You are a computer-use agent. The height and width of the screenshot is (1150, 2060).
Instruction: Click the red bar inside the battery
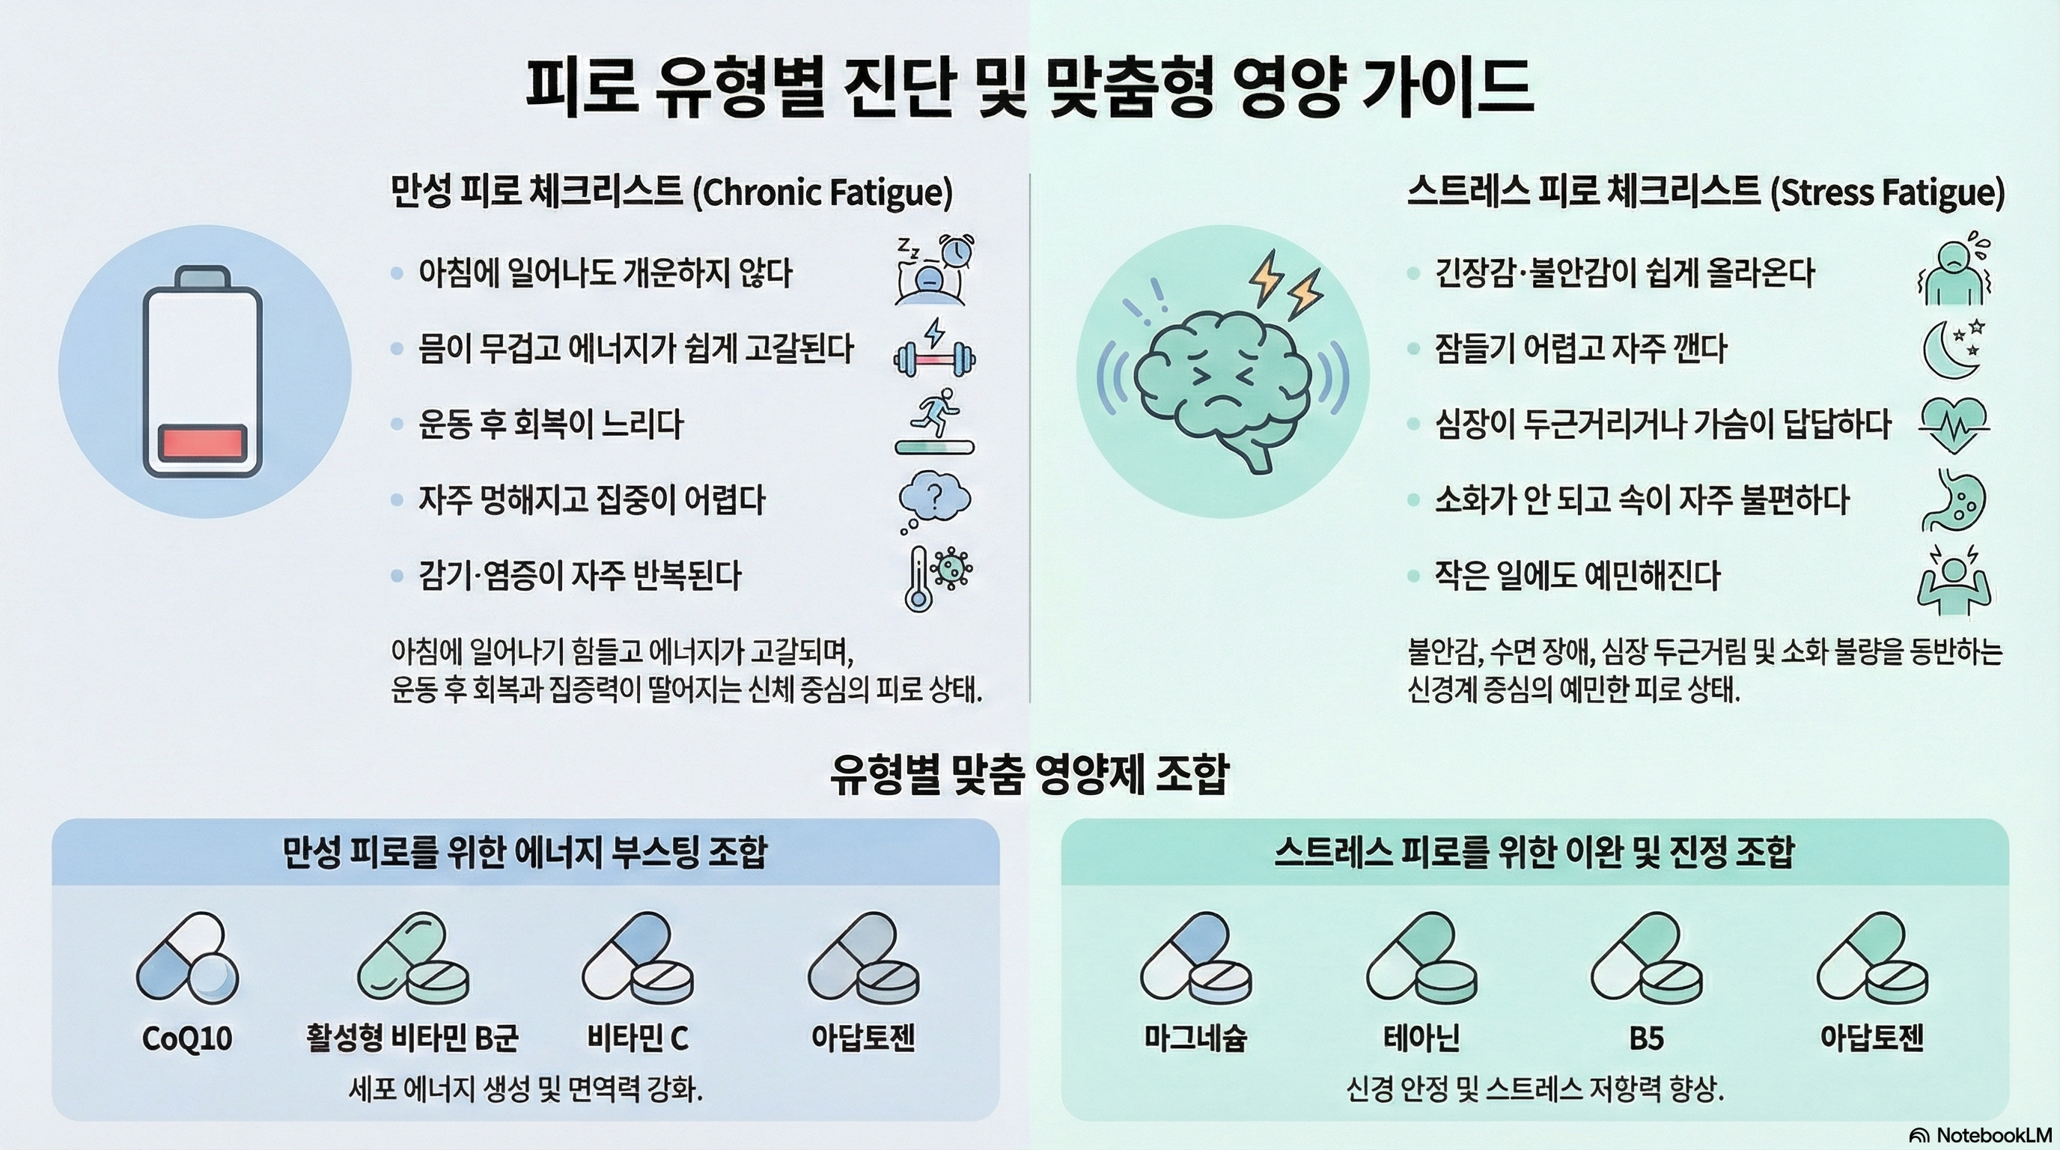[202, 442]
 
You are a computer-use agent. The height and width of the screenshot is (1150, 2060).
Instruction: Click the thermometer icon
[917, 579]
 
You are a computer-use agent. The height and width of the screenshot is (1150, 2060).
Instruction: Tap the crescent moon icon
[1949, 349]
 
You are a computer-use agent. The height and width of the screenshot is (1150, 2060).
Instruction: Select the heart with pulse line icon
[1953, 424]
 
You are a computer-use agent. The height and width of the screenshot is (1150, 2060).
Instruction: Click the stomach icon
[1954, 500]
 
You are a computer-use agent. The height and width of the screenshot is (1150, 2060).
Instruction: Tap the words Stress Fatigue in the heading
[1887, 192]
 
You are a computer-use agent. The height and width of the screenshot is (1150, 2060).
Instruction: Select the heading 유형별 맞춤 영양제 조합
[1029, 774]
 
